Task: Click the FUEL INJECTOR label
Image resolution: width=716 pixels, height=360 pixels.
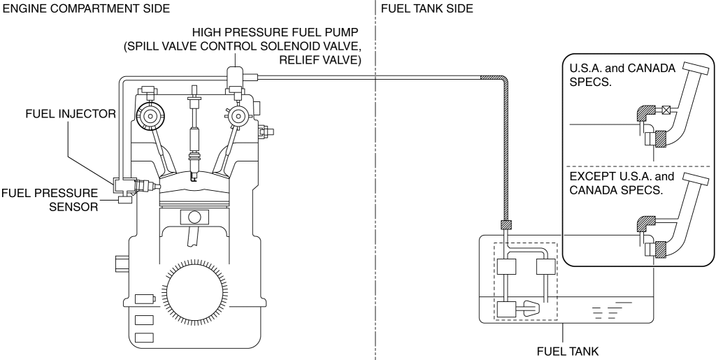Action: click(x=71, y=114)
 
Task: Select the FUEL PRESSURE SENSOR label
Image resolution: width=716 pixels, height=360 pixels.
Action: click(x=50, y=200)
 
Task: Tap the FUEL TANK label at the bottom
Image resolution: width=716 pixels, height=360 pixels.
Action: click(x=567, y=352)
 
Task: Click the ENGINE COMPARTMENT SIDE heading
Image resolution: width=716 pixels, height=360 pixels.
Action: click(x=86, y=8)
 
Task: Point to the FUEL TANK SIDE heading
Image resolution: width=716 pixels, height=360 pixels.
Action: click(x=427, y=8)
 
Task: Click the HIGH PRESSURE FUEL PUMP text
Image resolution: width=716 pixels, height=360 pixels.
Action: click(x=275, y=32)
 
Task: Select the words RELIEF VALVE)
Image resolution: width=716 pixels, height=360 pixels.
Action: click(x=320, y=60)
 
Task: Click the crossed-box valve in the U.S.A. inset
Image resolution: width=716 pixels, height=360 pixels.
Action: click(x=666, y=110)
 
